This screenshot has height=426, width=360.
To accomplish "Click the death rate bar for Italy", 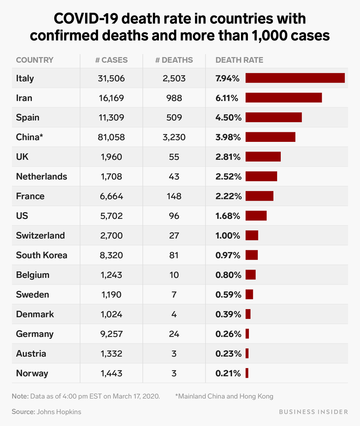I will (295, 78).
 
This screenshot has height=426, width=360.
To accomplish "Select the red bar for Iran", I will (283, 98).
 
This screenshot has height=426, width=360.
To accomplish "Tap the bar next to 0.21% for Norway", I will (247, 373).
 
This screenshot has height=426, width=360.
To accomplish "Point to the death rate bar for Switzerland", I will (252, 235).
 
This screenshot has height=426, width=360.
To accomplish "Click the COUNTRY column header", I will (35, 60).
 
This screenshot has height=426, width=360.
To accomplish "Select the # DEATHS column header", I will (174, 60).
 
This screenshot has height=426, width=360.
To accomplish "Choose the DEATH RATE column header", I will (239, 60).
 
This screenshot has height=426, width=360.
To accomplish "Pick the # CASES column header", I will (111, 60).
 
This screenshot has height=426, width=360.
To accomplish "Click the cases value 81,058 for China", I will (111, 137).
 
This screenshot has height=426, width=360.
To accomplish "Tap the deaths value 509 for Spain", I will (174, 117).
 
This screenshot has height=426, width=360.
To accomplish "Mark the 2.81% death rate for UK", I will (228, 157).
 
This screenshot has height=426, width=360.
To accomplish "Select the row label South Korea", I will (41, 255).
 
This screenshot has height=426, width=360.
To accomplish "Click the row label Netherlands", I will (41, 177).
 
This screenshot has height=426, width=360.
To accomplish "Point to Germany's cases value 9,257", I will (111, 334).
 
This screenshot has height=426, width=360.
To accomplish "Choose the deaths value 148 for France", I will (174, 196).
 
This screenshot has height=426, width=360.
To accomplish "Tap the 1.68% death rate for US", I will (228, 216).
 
